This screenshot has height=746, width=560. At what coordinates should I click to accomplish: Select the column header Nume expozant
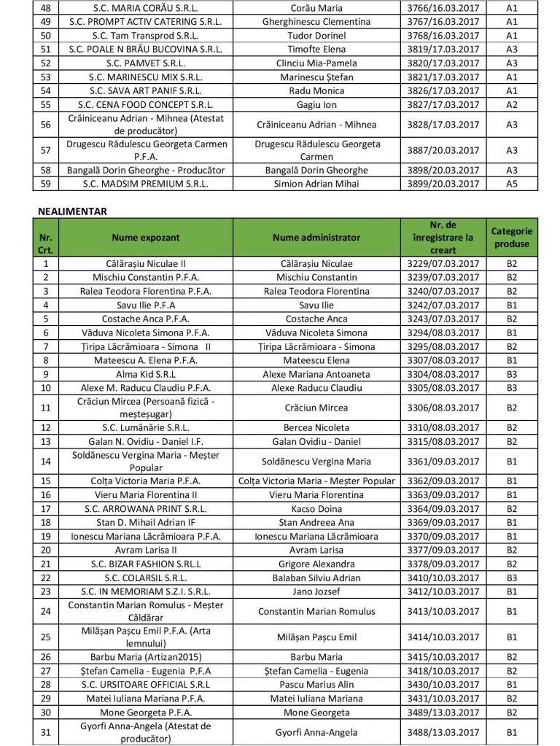(x=146, y=237)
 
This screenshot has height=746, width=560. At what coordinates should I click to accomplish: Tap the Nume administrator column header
(x=316, y=237)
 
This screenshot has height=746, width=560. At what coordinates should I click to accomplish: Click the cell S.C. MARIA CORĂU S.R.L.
(x=146, y=8)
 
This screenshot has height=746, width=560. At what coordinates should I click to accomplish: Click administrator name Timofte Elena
(x=316, y=49)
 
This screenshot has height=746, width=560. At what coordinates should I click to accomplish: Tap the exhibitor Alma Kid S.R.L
(x=146, y=374)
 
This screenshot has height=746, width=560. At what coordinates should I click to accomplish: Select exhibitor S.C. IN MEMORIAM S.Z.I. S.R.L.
(x=146, y=591)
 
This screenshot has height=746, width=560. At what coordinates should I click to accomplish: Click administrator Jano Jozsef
(x=316, y=591)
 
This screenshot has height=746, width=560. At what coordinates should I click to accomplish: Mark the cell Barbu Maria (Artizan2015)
(x=146, y=657)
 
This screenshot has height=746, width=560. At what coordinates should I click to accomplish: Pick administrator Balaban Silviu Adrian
(x=316, y=577)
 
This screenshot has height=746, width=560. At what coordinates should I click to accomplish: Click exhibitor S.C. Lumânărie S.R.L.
(x=146, y=427)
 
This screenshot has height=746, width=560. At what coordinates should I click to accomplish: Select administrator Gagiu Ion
(x=316, y=104)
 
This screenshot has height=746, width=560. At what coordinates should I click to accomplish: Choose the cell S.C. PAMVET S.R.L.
(x=146, y=63)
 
